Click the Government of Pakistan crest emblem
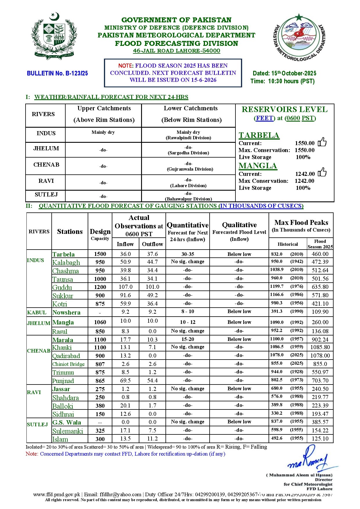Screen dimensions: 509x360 tap(54, 36)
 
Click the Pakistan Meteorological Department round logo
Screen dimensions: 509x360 tap(299, 37)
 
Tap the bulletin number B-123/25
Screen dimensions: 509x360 tap(57, 73)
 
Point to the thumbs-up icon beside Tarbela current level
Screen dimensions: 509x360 tap(322, 142)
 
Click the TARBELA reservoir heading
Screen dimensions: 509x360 tap(259, 136)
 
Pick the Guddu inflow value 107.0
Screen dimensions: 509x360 tap(125, 287)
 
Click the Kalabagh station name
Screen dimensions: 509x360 tap(66, 262)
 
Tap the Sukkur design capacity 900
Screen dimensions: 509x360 tap(100, 295)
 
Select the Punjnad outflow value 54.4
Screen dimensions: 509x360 tap(152, 380)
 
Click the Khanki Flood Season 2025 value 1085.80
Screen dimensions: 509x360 tap(320, 347)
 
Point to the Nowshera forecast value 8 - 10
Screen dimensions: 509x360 tap(188, 312)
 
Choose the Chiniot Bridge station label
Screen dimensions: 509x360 tap(69, 364)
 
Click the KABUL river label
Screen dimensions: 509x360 tap(37, 313)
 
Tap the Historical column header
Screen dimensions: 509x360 tap(288, 244)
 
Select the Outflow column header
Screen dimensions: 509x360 tap(152, 244)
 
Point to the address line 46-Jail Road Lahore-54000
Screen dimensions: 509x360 tap(177, 51)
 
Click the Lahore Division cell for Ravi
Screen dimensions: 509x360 tap(188, 186)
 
